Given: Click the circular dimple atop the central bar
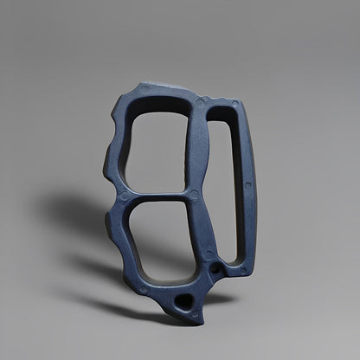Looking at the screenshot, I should (x=202, y=101).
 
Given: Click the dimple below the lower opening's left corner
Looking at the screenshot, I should (x=144, y=289).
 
